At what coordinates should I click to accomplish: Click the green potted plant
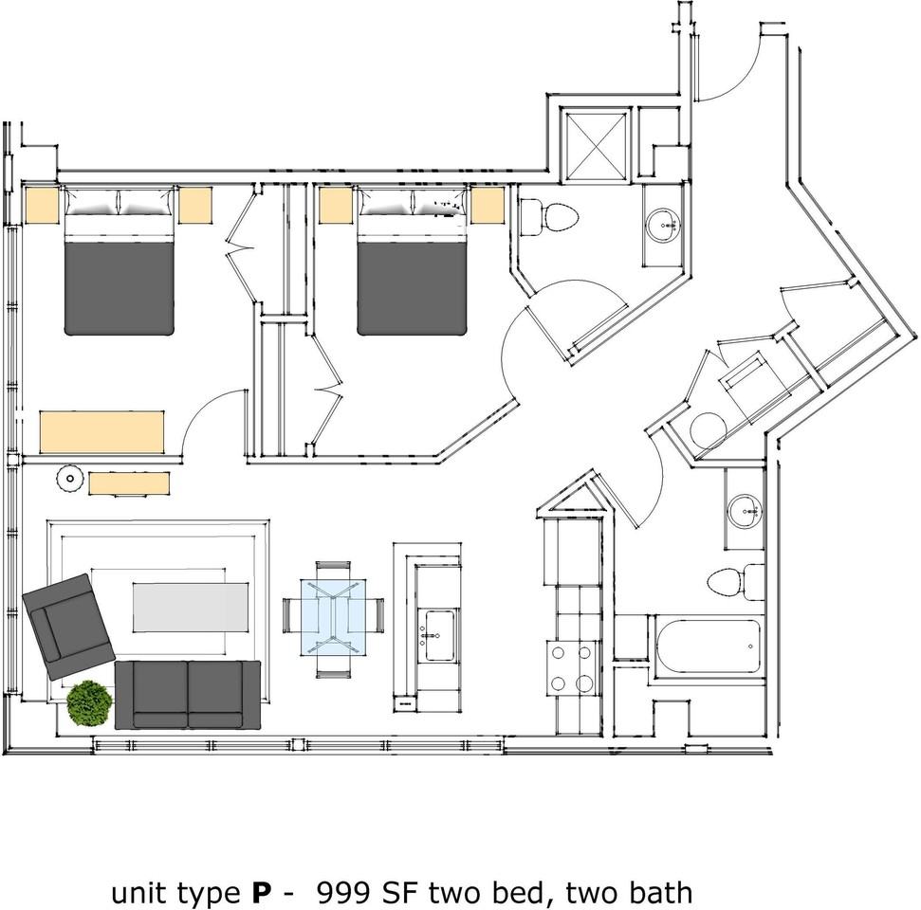(89, 702)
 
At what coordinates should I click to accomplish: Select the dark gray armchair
(67, 627)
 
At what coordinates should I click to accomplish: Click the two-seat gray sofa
(188, 695)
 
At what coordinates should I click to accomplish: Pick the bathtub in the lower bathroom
(709, 646)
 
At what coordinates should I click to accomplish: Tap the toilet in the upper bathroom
(549, 217)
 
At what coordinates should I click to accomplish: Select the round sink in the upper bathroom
(664, 226)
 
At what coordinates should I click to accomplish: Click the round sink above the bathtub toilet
(745, 511)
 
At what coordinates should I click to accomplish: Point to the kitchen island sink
(439, 635)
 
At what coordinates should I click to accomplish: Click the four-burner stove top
(572, 668)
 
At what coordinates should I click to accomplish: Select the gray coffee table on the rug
(190, 607)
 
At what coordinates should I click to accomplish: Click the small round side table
(70, 479)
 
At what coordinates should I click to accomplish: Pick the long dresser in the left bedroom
(101, 432)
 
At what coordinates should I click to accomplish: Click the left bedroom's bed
(120, 261)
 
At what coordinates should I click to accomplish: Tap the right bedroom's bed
(412, 261)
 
